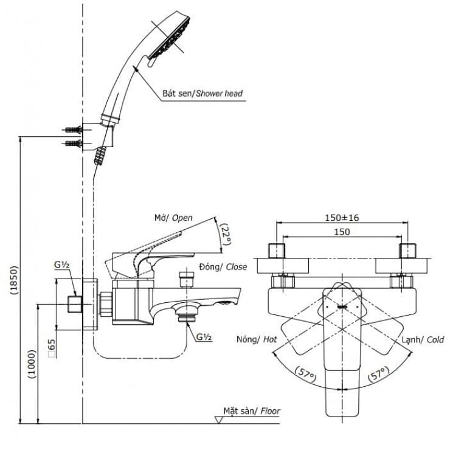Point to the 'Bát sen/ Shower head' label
pos(202,94)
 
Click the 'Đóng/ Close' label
pos(223,267)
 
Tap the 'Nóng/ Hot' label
pos(257,339)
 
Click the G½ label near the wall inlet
pos(61,265)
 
